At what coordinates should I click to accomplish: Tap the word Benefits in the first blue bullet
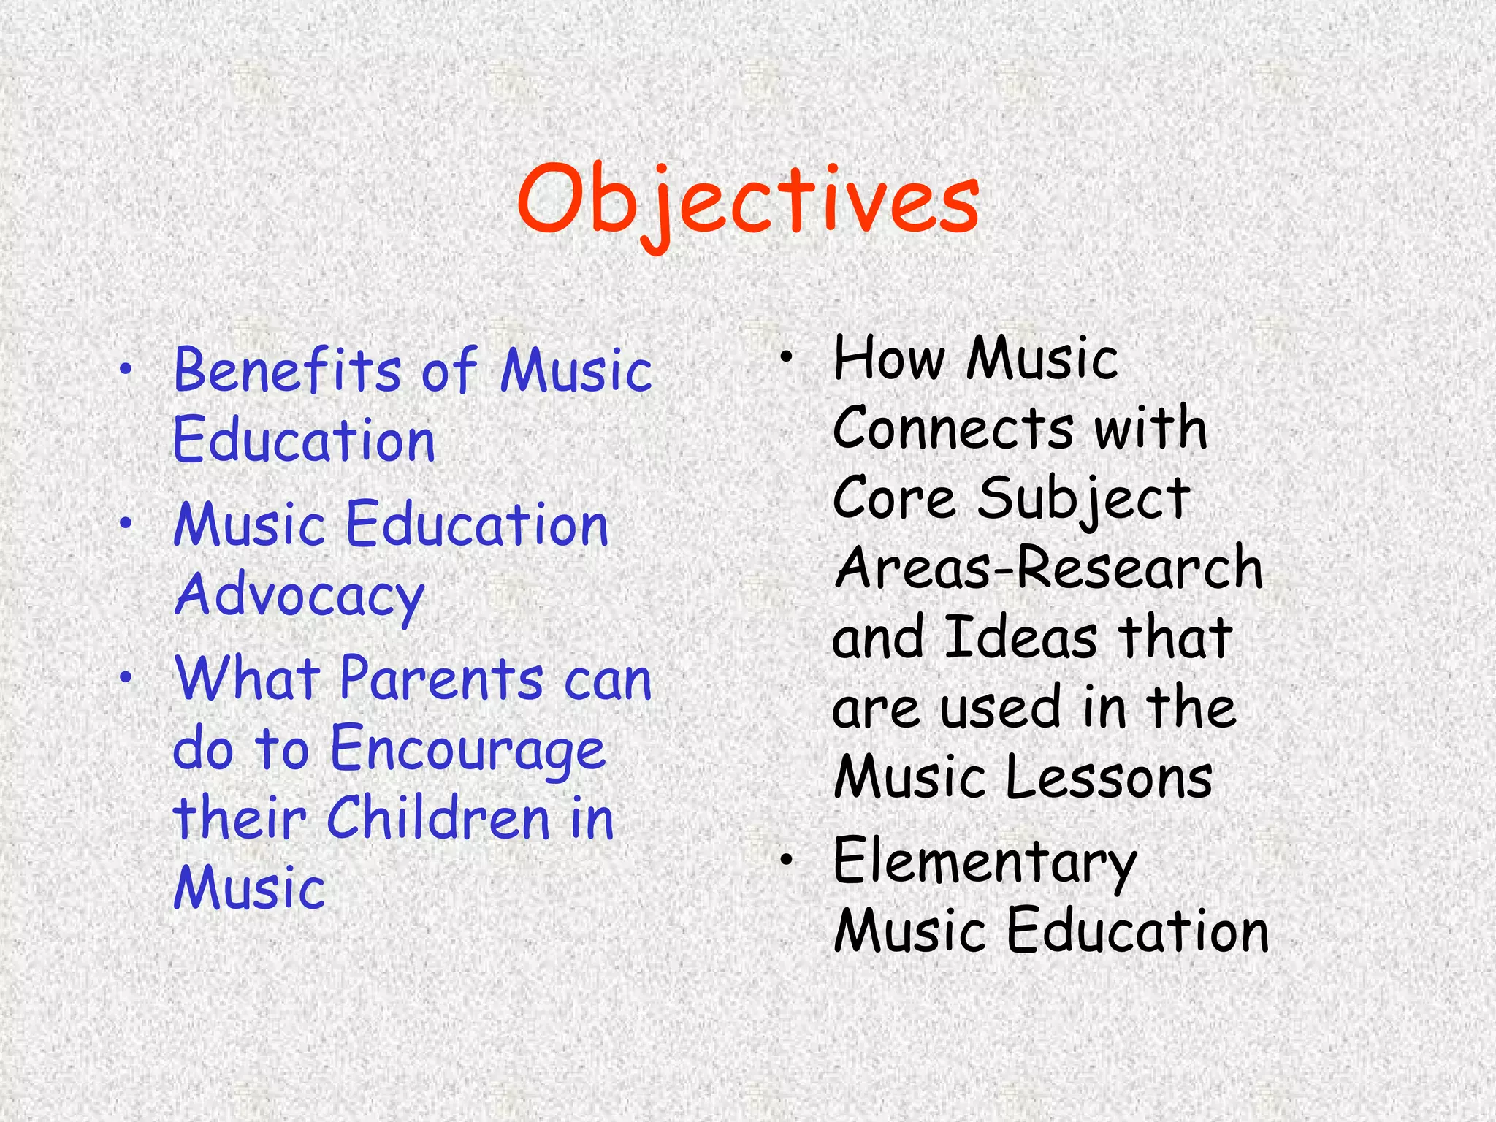tap(287, 371)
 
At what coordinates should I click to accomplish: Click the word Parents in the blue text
tap(442, 679)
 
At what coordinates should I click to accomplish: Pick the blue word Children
tap(438, 818)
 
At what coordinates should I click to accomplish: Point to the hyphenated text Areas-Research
tap(1048, 568)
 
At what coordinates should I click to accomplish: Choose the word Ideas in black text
tap(1020, 637)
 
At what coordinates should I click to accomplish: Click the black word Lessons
tap(1110, 777)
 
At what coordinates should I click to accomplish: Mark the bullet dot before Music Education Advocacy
tap(126, 523)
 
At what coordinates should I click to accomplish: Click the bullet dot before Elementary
tap(786, 862)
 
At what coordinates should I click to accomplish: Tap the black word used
tap(1000, 708)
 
